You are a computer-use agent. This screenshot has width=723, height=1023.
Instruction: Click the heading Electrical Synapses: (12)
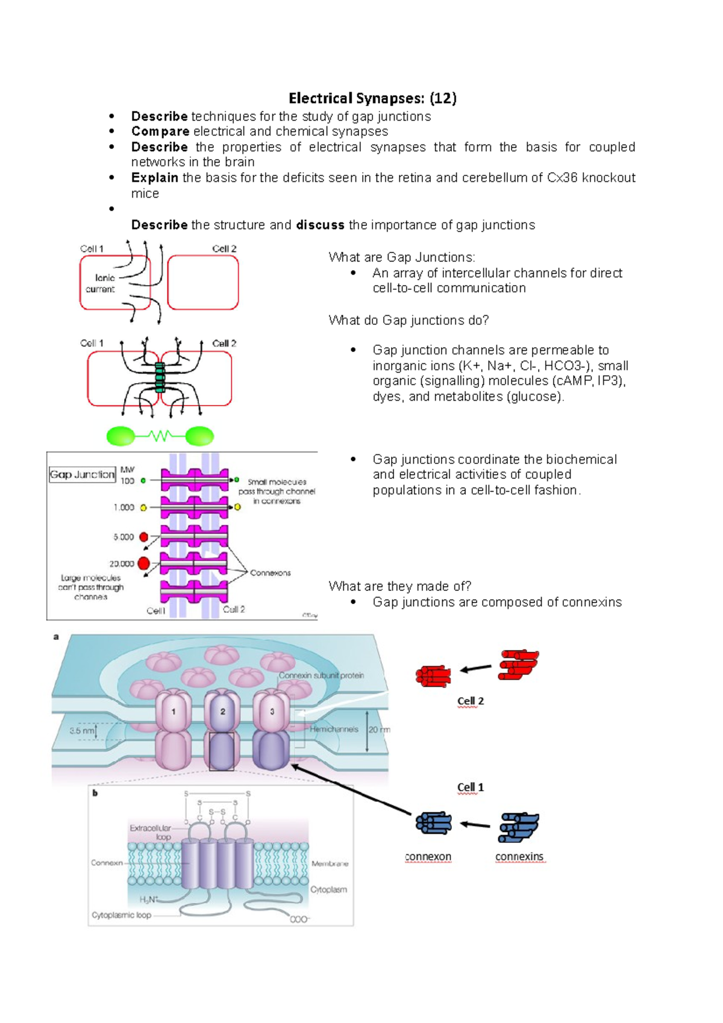pyautogui.click(x=372, y=98)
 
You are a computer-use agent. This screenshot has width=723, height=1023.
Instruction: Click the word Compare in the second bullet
pyautogui.click(x=160, y=131)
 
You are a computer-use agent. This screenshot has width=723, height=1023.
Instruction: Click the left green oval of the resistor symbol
pyautogui.click(x=120, y=436)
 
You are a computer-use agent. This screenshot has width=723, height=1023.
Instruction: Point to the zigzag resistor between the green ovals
pyautogui.click(x=160, y=436)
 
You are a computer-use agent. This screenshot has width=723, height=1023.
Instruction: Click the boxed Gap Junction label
pyautogui.click(x=82, y=475)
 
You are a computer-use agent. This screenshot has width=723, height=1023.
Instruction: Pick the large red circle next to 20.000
pyautogui.click(x=144, y=563)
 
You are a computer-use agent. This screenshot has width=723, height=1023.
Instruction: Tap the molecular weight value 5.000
pyautogui.click(x=124, y=537)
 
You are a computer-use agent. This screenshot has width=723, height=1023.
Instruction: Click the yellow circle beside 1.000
pyautogui.click(x=143, y=508)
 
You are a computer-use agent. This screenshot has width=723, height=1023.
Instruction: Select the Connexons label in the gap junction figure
pyautogui.click(x=270, y=573)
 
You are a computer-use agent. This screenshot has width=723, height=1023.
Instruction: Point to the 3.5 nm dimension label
pyautogui.click(x=82, y=731)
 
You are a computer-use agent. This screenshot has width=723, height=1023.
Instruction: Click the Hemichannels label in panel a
pyautogui.click(x=334, y=729)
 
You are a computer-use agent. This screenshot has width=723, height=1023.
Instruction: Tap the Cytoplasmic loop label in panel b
pyautogui.click(x=121, y=915)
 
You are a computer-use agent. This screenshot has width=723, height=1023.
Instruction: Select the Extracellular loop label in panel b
pyautogui.click(x=151, y=833)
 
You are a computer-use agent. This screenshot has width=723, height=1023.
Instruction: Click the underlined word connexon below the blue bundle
pyautogui.click(x=428, y=857)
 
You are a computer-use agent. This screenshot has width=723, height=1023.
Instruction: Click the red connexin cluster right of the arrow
pyautogui.click(x=518, y=665)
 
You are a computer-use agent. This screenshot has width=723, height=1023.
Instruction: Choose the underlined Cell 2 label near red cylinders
pyautogui.click(x=470, y=701)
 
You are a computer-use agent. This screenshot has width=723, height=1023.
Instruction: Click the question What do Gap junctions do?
pyautogui.click(x=408, y=321)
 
